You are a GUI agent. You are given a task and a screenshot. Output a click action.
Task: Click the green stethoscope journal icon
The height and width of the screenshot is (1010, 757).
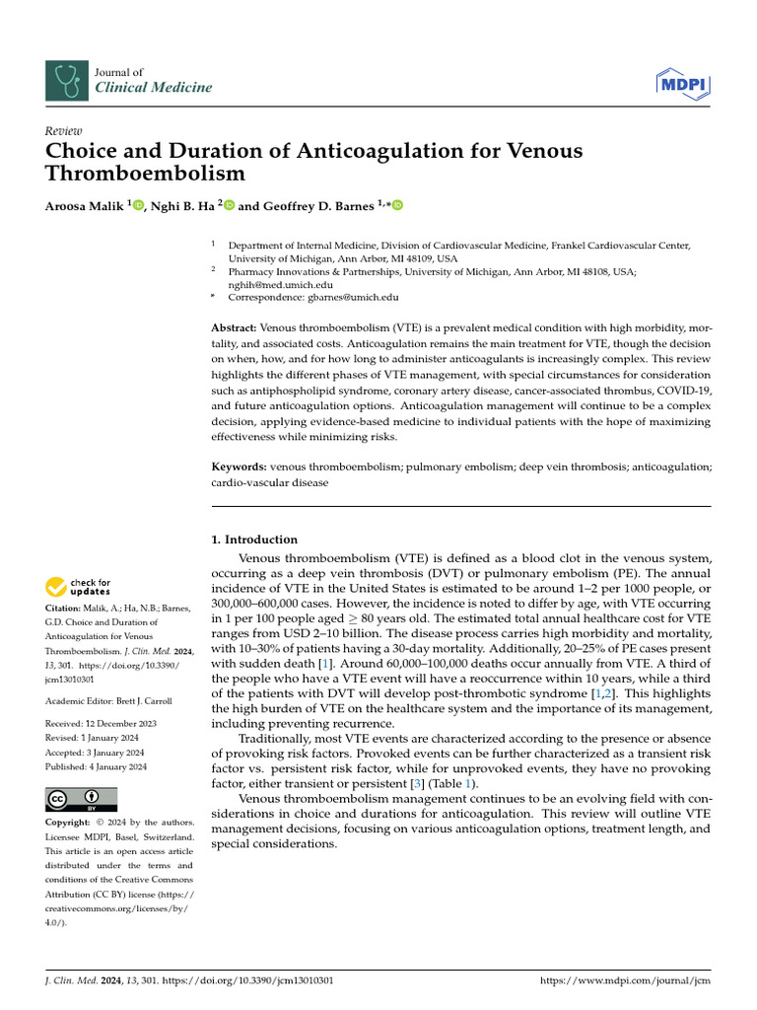pyautogui.click(x=66, y=80)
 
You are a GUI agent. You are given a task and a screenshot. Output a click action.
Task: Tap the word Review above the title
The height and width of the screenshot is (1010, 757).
pyautogui.click(x=64, y=131)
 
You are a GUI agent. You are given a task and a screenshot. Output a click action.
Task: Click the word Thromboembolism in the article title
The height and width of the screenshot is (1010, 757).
pyautogui.click(x=145, y=175)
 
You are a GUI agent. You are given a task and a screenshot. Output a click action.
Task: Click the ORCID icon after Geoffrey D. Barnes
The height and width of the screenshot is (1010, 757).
pyautogui.click(x=398, y=205)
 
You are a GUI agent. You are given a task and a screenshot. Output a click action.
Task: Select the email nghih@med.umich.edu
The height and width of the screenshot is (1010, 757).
pyautogui.click(x=278, y=282)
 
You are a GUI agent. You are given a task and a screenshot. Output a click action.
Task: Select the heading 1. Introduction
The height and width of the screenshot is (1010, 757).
pyautogui.click(x=254, y=540)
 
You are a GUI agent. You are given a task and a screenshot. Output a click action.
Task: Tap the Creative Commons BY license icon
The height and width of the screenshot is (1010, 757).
pyautogui.click(x=82, y=799)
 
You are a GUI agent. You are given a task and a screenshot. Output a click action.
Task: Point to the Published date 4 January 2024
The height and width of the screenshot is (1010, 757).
pyautogui.click(x=118, y=766)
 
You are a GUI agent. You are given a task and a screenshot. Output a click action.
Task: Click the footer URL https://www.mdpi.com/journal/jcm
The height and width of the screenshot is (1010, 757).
pyautogui.click(x=626, y=981)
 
